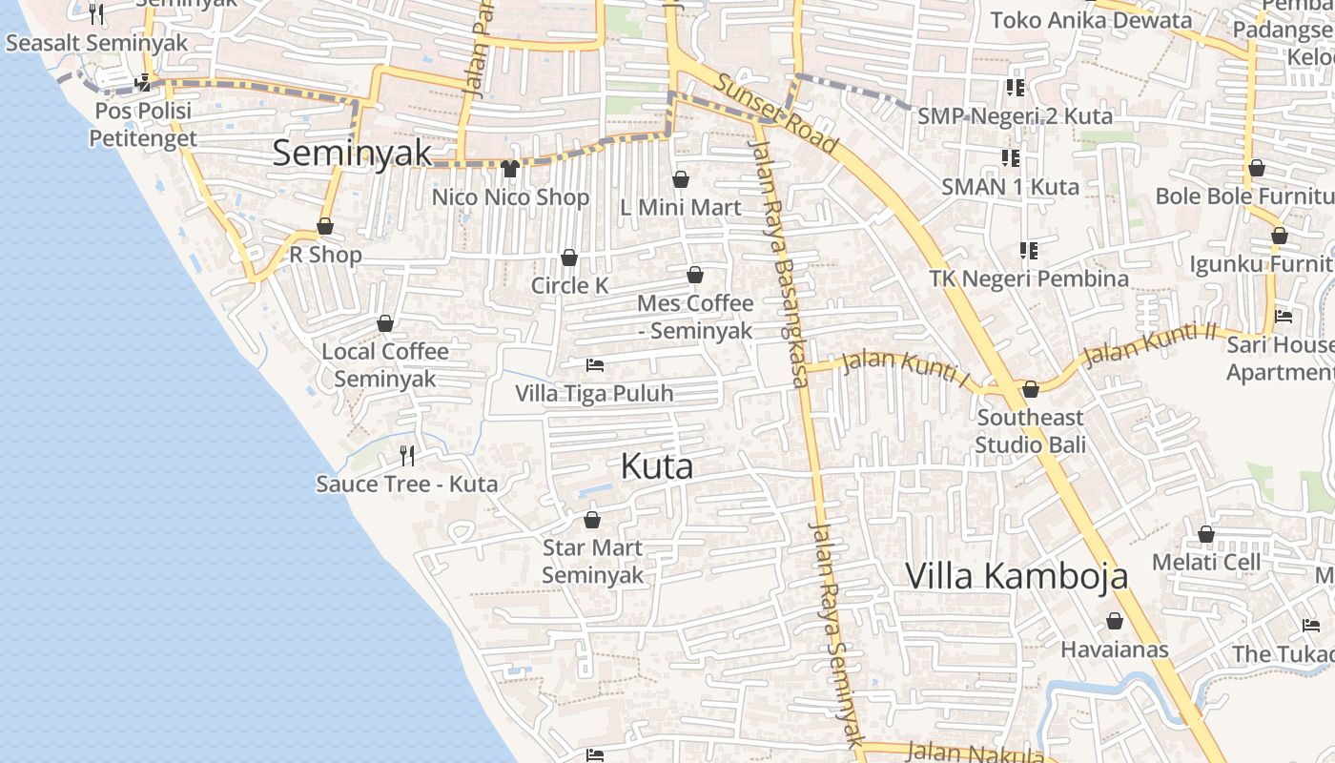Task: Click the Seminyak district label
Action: (x=352, y=153)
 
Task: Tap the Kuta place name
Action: (x=656, y=466)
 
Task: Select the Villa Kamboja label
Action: (x=1016, y=575)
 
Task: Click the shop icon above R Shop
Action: (x=325, y=227)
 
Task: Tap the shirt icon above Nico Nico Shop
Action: (x=509, y=169)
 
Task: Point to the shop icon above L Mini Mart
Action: (x=681, y=179)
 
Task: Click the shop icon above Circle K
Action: (x=569, y=258)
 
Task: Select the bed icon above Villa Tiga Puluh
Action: (x=594, y=365)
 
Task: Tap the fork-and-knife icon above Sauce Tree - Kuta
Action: (x=407, y=456)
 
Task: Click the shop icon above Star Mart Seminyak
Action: (x=592, y=520)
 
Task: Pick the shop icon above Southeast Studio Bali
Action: (x=1030, y=389)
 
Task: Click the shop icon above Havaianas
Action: (x=1114, y=622)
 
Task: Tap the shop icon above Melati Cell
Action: (x=1206, y=534)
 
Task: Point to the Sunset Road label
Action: (x=777, y=114)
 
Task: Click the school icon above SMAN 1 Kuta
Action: (x=1010, y=157)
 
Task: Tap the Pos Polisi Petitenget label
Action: (x=143, y=124)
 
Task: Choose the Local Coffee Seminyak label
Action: (x=385, y=364)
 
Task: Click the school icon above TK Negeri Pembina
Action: (x=1028, y=251)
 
